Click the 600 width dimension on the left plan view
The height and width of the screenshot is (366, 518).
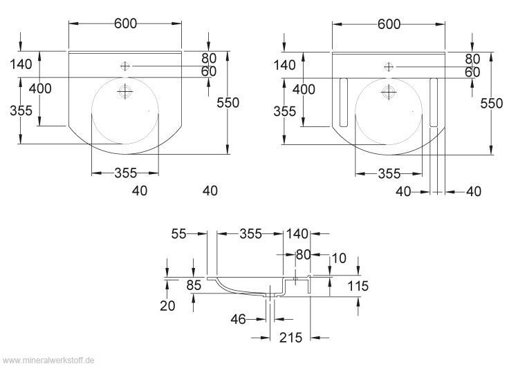tap(125, 23)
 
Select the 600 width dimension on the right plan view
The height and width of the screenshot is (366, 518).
tap(389, 23)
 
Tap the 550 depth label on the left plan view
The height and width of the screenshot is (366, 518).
tap(228, 103)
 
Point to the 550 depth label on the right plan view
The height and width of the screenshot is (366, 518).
tap(492, 103)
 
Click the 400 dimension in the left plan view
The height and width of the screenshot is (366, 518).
tap(41, 88)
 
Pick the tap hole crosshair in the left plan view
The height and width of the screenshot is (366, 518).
tap(125, 66)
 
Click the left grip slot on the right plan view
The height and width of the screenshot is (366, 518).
tap(343, 102)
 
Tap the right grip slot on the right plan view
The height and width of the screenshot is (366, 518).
tap(434, 102)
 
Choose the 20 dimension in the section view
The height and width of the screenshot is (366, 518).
tap(167, 306)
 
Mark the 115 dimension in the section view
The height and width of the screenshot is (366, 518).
tap(358, 286)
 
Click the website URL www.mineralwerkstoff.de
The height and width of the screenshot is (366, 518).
tap(48, 360)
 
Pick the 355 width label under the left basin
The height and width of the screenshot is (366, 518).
tap(125, 173)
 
